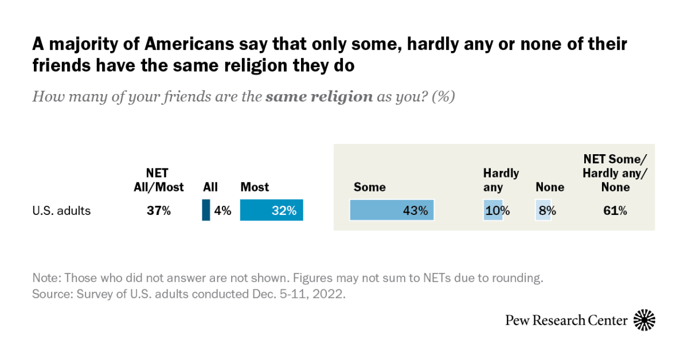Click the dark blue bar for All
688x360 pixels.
tap(206, 210)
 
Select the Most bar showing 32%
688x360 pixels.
tap(271, 210)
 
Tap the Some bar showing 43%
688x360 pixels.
tap(392, 210)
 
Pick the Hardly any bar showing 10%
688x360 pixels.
tap(493, 210)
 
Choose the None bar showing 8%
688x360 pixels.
tap(543, 210)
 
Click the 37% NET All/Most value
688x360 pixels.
tap(158, 211)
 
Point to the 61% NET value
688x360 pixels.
tap(614, 211)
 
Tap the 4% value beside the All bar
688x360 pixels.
tap(222, 211)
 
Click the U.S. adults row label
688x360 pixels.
tap(61, 211)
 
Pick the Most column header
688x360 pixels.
tap(255, 187)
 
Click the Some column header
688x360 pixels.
tap(369, 187)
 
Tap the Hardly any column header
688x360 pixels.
tap(501, 179)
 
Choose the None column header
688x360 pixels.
tap(549, 187)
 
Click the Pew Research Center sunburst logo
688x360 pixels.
tap(644, 320)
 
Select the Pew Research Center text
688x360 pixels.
tap(566, 320)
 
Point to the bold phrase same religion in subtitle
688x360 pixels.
tap(319, 96)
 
